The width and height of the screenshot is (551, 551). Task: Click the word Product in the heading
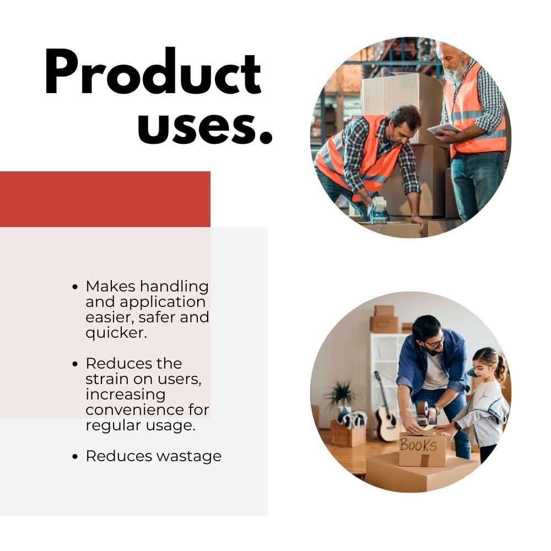pyautogui.click(x=153, y=72)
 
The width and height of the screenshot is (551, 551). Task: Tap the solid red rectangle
pyautogui.click(x=105, y=199)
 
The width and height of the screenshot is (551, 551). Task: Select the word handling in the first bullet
pyautogui.click(x=174, y=287)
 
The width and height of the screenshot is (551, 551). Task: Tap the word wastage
pyautogui.click(x=189, y=457)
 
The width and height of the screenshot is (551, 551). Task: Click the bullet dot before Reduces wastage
pyautogui.click(x=74, y=456)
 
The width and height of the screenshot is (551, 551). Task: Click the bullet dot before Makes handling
pyautogui.click(x=74, y=287)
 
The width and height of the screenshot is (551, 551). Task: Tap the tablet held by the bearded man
pyautogui.click(x=444, y=128)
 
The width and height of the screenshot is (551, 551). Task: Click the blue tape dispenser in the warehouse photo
pyautogui.click(x=378, y=210)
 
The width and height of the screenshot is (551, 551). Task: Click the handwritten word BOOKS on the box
pyautogui.click(x=418, y=446)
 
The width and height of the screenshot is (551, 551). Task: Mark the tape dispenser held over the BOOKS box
pyautogui.click(x=423, y=414)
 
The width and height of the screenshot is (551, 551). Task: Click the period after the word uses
pyautogui.click(x=266, y=138)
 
